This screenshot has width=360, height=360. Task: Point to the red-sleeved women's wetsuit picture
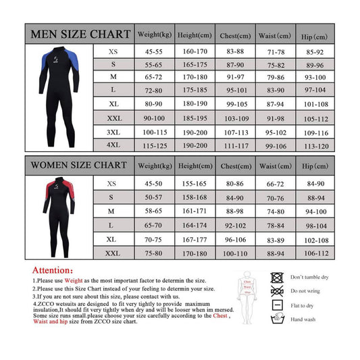coord(59,217)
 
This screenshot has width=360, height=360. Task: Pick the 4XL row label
coord(112,145)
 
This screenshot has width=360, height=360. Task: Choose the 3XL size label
coord(112,132)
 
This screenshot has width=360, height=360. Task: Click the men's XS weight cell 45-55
coord(155,51)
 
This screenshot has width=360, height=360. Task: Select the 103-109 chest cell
coord(235,118)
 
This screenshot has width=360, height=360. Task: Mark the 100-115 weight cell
coord(155,132)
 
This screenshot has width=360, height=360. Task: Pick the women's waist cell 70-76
coord(275,198)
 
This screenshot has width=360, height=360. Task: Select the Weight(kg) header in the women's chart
coord(155,165)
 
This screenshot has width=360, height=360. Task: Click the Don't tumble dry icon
coord(276,277)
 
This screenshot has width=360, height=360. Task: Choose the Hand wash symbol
coord(276,318)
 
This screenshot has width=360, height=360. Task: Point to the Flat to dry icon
coord(276,305)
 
